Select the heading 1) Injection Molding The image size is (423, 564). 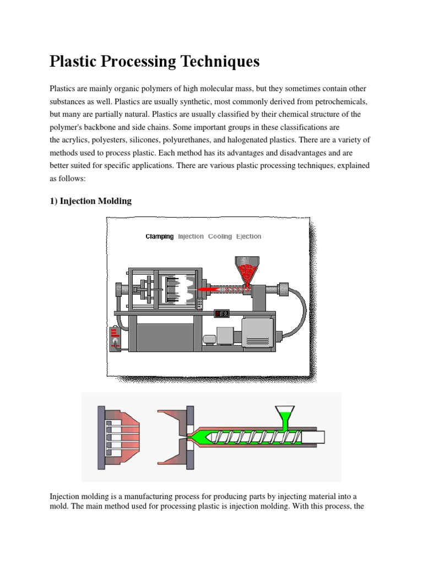[90, 201]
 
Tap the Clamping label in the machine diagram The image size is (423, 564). [159, 236]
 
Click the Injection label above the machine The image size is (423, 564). [191, 236]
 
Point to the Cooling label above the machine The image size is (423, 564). [220, 236]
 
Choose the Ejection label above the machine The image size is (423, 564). [248, 236]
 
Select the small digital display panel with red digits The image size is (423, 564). [222, 313]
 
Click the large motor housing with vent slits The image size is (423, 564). [258, 335]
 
